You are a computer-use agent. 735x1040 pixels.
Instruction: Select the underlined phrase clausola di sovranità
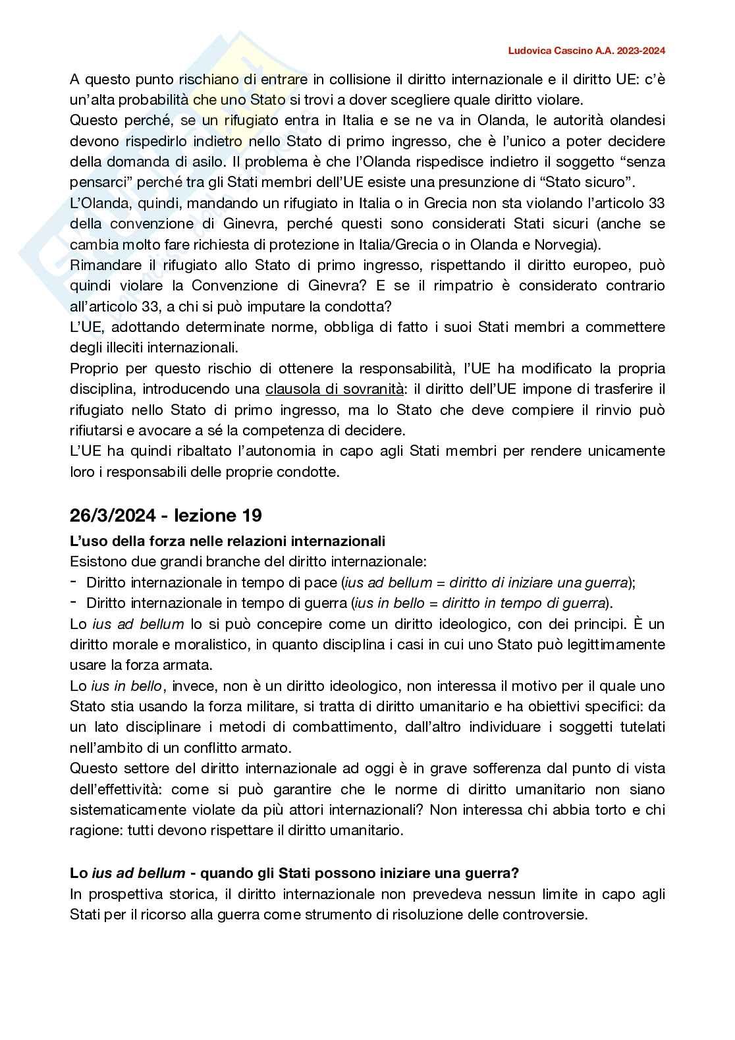[335, 389]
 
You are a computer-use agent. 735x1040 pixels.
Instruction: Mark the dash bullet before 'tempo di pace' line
[74, 582]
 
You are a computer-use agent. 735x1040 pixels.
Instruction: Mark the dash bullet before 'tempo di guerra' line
[74, 603]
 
